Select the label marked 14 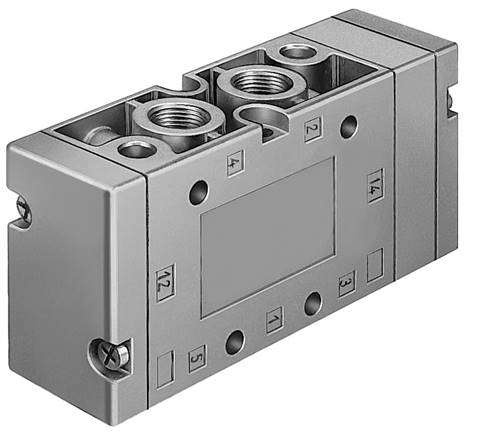(x=374, y=186)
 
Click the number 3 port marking (x=346, y=283)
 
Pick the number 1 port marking (x=273, y=319)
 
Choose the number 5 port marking (x=197, y=353)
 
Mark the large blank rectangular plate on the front (x=268, y=236)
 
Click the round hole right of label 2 (x=347, y=127)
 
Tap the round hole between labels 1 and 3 (x=313, y=300)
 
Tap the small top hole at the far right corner (x=297, y=51)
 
